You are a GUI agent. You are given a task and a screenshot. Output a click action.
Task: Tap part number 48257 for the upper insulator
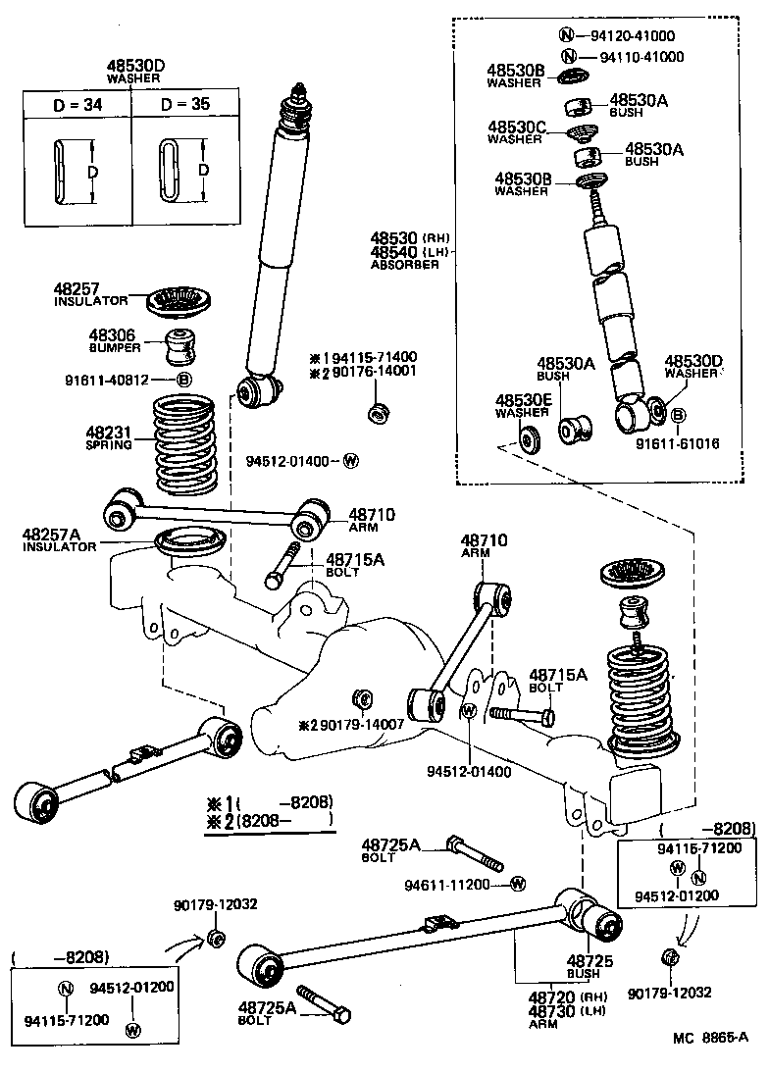77,289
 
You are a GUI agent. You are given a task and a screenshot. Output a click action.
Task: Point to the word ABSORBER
405,265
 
